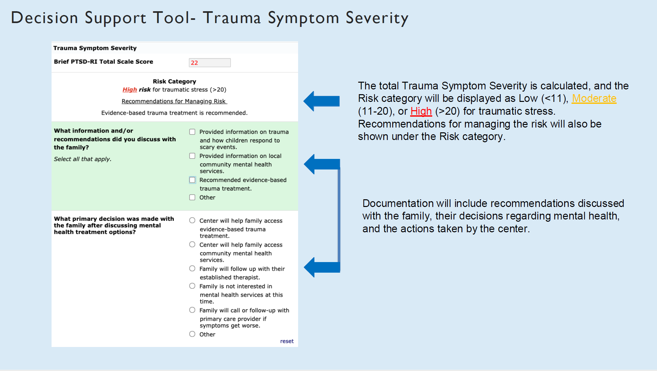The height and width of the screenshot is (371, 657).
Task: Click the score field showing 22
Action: point(209,63)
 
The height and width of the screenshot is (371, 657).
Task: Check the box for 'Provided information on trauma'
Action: point(192,132)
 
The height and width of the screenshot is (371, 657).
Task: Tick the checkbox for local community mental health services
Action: point(192,156)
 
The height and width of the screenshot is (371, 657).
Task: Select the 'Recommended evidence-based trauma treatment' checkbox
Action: point(192,180)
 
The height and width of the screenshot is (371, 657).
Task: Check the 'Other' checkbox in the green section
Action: point(192,197)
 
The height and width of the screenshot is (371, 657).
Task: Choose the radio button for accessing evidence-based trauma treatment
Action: point(192,220)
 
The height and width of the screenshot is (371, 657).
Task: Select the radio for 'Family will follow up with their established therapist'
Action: point(192,268)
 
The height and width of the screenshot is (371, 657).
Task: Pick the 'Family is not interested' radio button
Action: point(192,286)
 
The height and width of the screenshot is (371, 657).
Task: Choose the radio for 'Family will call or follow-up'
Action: point(192,310)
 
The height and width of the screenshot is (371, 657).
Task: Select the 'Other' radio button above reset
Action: point(192,334)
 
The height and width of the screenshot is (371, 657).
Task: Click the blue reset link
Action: point(287,341)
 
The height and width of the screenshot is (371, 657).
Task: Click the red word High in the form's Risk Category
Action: point(129,90)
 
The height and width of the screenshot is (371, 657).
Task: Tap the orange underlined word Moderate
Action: point(594,98)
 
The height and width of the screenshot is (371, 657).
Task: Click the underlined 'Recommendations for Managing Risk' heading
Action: point(174,101)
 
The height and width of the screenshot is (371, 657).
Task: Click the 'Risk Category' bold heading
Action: point(174,81)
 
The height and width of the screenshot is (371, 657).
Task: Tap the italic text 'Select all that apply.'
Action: point(83,159)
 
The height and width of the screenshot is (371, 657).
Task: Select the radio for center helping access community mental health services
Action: point(192,244)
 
